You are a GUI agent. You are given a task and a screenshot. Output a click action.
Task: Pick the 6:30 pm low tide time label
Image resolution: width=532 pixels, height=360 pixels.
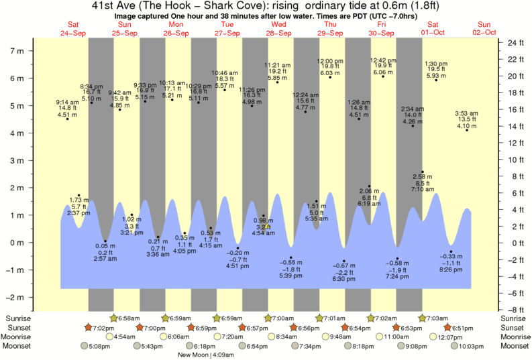pyautogui.click(x=344, y=278)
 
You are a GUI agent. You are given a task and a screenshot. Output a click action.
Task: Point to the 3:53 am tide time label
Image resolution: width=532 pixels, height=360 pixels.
pyautogui.click(x=466, y=113)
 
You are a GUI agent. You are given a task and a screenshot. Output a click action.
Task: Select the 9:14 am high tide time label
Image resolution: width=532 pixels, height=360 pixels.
pyautogui.click(x=67, y=102)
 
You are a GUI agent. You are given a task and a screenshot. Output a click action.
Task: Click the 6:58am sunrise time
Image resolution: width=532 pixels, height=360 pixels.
pyautogui.click(x=129, y=317)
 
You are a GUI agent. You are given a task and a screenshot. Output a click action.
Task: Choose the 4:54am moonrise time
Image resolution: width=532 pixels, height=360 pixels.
pyautogui.click(x=126, y=337)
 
